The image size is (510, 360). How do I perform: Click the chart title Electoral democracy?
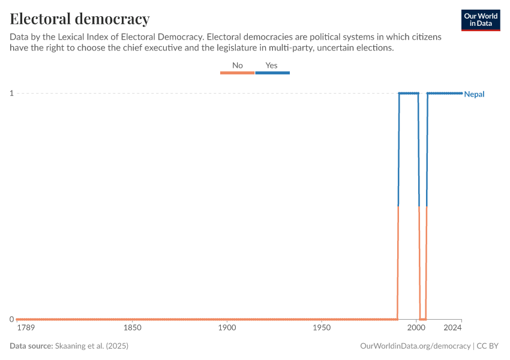[80, 19]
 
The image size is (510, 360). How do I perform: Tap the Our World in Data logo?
[480, 20]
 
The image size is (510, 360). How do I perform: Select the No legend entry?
[238, 65]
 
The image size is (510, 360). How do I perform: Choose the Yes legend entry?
[271, 65]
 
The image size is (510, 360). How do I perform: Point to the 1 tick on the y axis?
[11, 93]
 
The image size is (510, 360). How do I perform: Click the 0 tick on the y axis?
[11, 319]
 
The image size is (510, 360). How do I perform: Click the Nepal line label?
[474, 94]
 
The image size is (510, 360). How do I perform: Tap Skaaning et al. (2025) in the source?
[92, 346]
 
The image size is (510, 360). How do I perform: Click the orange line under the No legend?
[238, 73]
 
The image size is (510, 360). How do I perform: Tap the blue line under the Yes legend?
[272, 73]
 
